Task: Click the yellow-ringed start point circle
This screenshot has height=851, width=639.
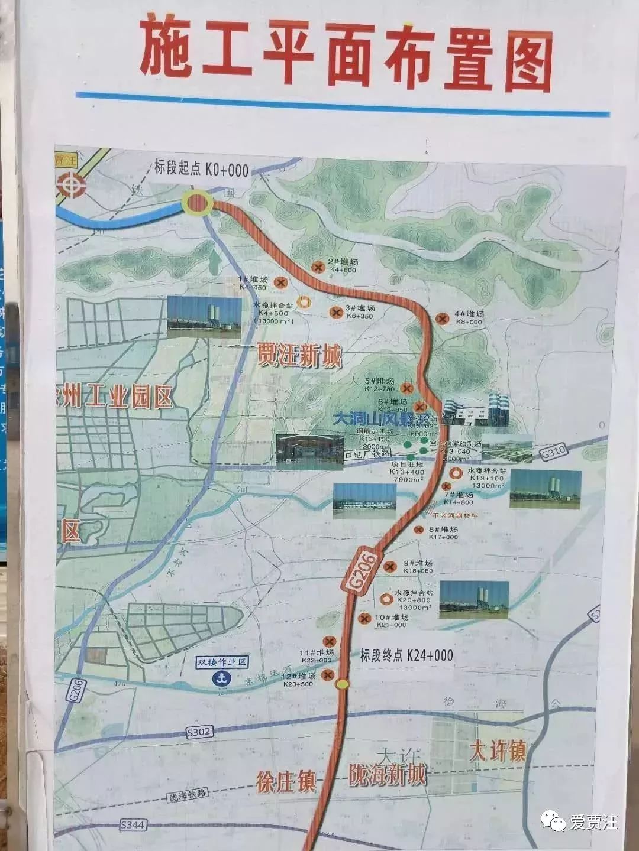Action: click(198, 204)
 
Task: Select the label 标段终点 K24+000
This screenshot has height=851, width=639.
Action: click(406, 655)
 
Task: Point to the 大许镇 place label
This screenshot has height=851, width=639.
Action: click(497, 751)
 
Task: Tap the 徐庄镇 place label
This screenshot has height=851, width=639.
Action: click(286, 781)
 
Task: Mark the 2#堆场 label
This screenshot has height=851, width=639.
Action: click(344, 262)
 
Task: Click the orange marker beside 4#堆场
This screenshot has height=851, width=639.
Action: click(441, 319)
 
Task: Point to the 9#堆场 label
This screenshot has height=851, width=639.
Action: click(418, 564)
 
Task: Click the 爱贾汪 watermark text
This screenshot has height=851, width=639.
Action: click(593, 821)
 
